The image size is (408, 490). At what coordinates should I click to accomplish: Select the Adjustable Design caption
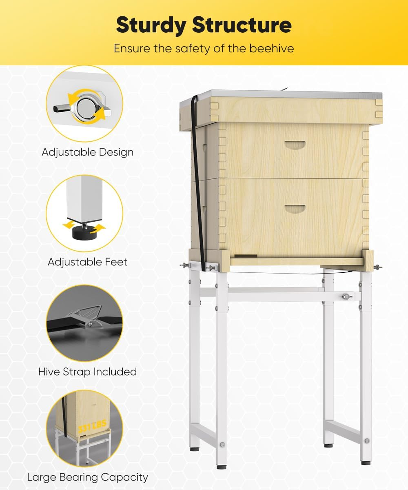[x=87, y=152]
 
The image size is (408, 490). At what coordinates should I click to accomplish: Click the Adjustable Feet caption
[x=87, y=262]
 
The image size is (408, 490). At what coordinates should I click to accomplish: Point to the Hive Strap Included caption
[x=87, y=372]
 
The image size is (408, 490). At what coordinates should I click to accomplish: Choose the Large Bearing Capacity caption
[x=87, y=477]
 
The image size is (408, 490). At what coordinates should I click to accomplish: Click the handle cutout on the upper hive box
[x=295, y=145]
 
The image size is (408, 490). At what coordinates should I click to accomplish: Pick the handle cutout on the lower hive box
[x=295, y=209]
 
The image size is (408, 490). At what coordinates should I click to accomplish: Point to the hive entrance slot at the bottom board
[x=245, y=256]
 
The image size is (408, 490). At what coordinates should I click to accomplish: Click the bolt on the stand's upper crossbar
[x=346, y=296]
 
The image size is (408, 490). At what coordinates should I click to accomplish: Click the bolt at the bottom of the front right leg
[x=366, y=441]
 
